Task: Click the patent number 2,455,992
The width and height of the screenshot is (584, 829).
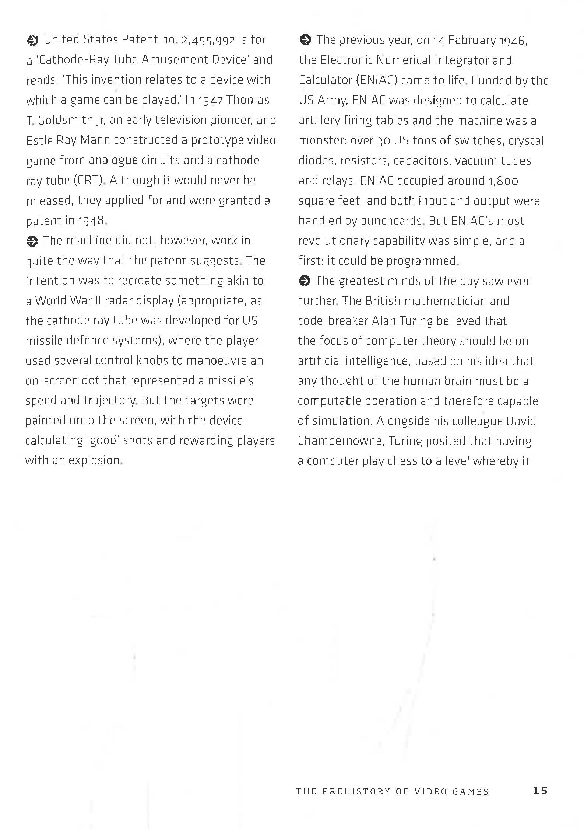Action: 208,40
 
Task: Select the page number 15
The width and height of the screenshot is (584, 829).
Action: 540,790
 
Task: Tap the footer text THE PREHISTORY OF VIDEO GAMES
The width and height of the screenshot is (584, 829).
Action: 392,791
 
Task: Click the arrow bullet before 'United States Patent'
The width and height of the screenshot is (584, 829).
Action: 32,40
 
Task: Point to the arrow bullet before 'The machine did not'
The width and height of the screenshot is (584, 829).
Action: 32,241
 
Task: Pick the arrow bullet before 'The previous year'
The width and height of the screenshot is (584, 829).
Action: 305,39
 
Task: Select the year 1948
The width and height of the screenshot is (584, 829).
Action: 91,221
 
